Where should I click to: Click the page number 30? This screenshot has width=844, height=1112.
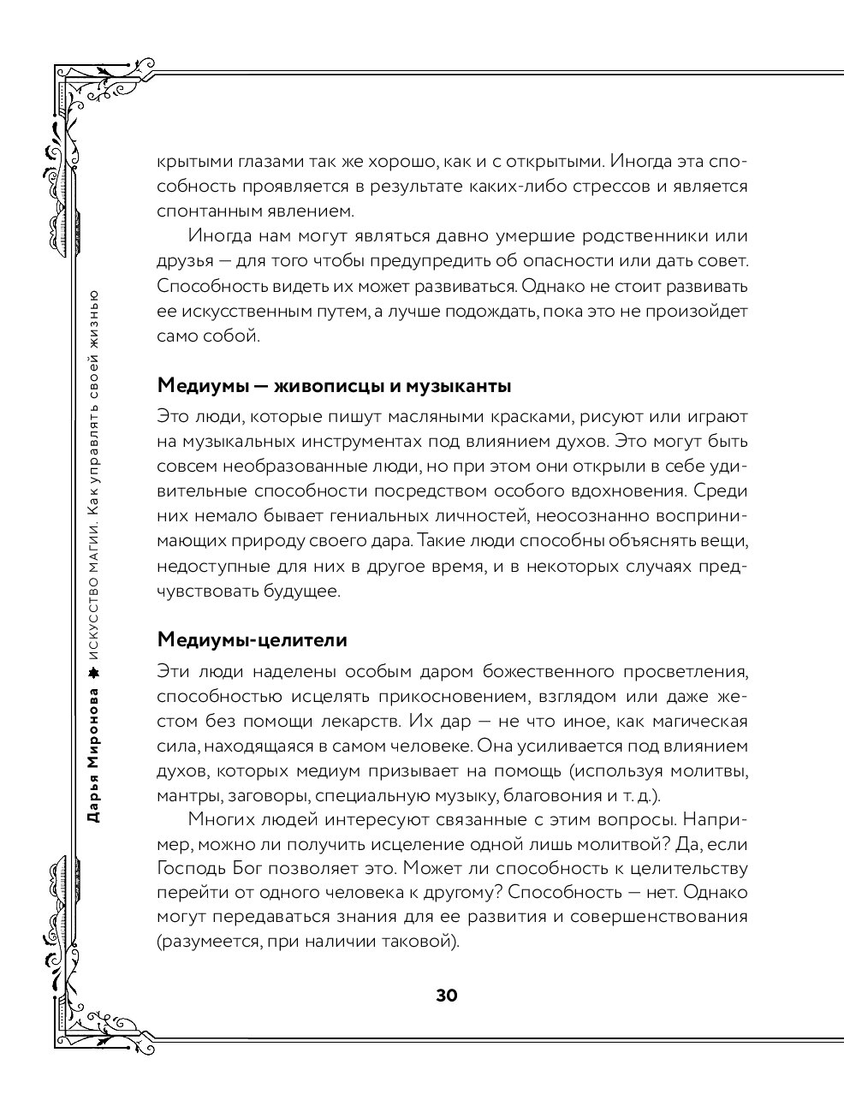pyautogui.click(x=447, y=996)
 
